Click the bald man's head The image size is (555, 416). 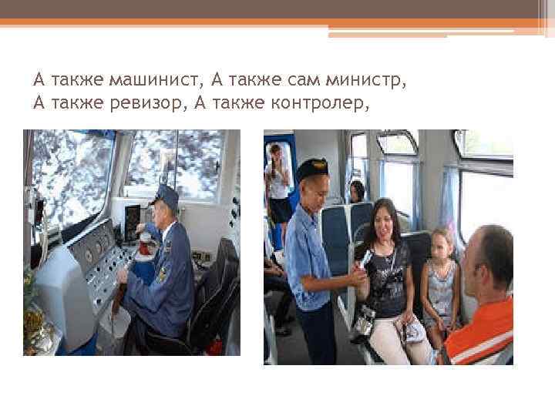coord(489,253)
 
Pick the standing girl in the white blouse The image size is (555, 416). coord(277,185)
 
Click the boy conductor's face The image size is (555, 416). coord(311,188)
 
